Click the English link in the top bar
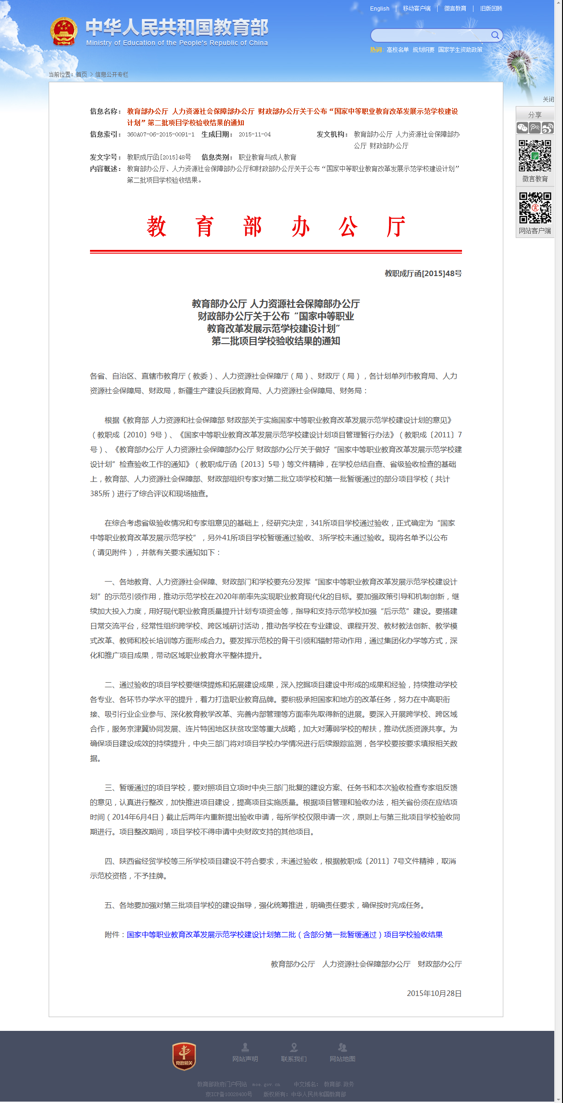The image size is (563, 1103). (379, 9)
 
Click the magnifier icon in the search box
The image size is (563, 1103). (495, 35)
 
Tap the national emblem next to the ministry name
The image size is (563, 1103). (64, 31)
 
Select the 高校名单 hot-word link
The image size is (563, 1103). (397, 50)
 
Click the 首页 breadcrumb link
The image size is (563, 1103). (81, 74)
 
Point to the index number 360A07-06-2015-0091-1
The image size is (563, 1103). (161, 135)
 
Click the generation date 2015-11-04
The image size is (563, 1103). (254, 135)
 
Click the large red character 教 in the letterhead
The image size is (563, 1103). (156, 227)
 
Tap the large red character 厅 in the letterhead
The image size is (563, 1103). (396, 227)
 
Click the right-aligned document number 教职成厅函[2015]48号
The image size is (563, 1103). (423, 273)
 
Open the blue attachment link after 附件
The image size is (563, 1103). (285, 934)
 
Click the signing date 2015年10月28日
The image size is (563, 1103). (434, 993)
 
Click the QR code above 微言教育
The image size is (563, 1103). (535, 156)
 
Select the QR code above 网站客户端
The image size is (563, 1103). (535, 208)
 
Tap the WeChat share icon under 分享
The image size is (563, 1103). (522, 128)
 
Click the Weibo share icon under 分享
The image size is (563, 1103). (547, 128)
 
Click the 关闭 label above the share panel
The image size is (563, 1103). (548, 99)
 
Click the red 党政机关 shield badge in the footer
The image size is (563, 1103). (184, 1056)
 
